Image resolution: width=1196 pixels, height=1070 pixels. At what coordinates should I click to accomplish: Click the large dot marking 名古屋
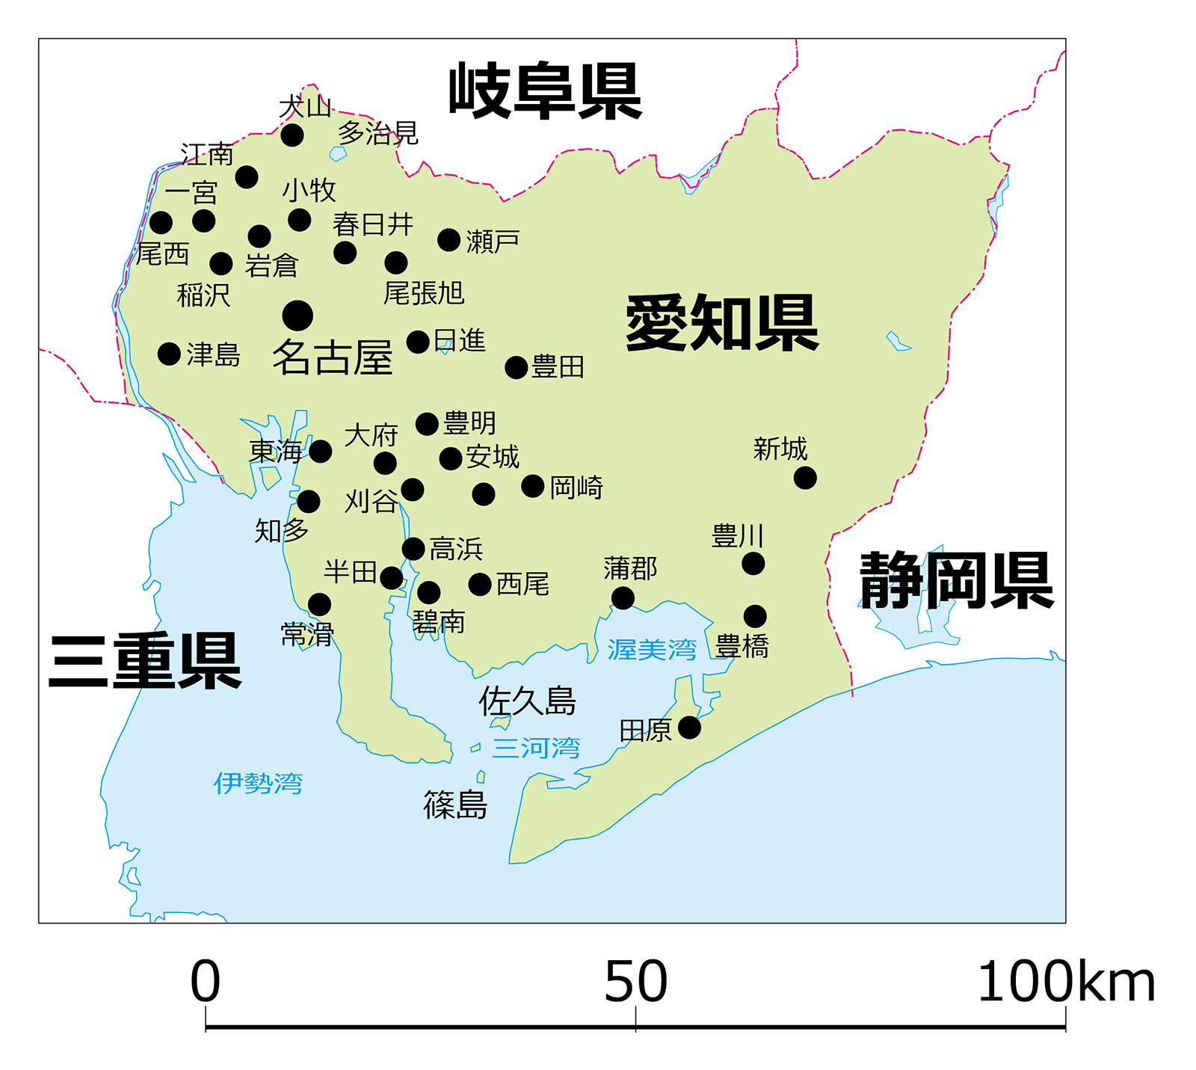(x=298, y=316)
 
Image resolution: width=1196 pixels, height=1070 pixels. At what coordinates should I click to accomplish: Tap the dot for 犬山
(x=292, y=135)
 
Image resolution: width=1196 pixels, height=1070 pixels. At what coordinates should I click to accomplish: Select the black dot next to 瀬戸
(x=449, y=240)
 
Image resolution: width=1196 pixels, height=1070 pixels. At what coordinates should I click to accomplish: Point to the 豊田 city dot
(x=517, y=367)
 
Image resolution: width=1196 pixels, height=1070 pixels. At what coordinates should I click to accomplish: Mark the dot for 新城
(x=805, y=477)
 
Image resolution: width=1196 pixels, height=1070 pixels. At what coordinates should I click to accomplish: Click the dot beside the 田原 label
(x=689, y=727)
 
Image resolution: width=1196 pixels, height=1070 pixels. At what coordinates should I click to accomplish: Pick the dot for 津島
(x=170, y=354)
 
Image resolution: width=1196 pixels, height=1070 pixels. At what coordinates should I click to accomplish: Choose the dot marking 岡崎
(x=533, y=486)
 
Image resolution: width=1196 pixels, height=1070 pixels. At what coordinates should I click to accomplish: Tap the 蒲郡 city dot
(x=623, y=597)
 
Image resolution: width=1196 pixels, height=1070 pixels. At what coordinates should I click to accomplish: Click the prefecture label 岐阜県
(x=545, y=91)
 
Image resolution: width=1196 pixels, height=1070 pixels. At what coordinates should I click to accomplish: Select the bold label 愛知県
(x=722, y=322)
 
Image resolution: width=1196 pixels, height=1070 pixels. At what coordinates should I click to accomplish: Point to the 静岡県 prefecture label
(x=956, y=581)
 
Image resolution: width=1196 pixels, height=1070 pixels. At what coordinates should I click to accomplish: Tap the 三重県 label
(x=145, y=661)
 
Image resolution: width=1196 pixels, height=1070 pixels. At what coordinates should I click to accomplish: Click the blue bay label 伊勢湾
(x=258, y=783)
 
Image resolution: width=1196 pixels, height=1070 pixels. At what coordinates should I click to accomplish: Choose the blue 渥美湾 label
(x=652, y=649)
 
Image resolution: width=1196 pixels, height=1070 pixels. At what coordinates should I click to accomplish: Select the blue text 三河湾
(x=536, y=747)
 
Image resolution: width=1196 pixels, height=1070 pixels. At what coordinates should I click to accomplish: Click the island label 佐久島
(x=527, y=701)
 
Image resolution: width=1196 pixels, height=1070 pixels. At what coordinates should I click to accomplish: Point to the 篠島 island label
(x=455, y=805)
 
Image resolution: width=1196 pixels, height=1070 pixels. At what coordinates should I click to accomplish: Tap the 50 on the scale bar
(x=635, y=981)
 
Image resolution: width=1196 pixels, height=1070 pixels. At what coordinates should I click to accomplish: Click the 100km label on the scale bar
(x=1066, y=981)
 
